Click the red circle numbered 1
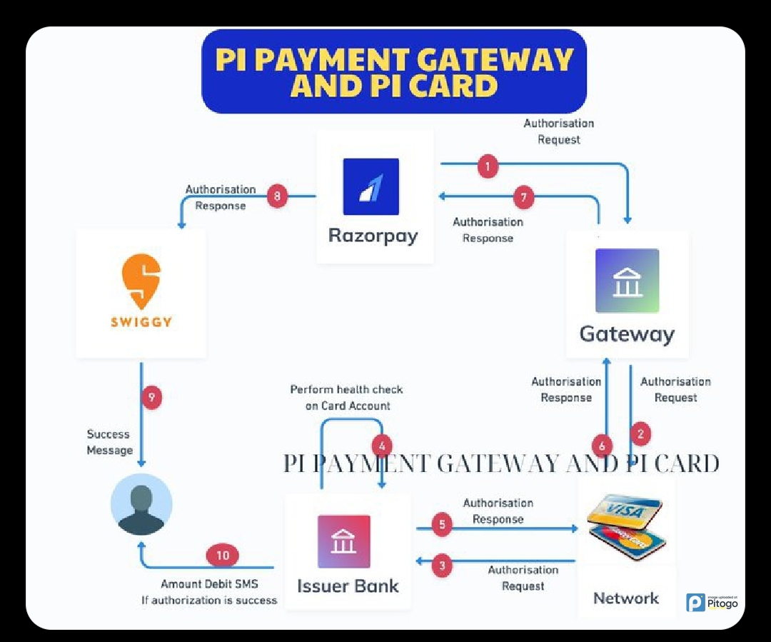488,167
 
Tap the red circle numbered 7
524,197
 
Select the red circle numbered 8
278,196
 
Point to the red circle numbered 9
151,397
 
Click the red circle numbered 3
443,566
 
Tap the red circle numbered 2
640,433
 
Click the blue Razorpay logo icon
371,186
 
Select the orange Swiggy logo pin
141,281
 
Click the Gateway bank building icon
627,281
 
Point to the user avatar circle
141,504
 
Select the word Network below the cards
626,598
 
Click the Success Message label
110,442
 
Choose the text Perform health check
346,389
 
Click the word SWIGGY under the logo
141,322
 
